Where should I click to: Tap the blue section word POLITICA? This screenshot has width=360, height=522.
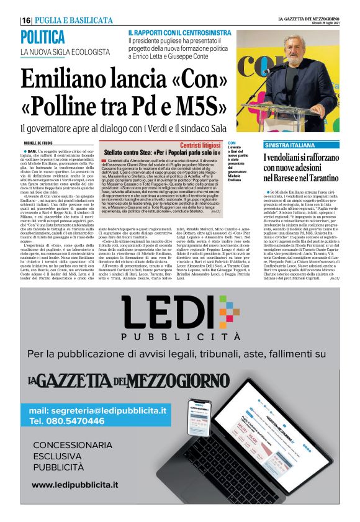point(42,37)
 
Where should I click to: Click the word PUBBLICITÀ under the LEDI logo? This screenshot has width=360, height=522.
point(179,336)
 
